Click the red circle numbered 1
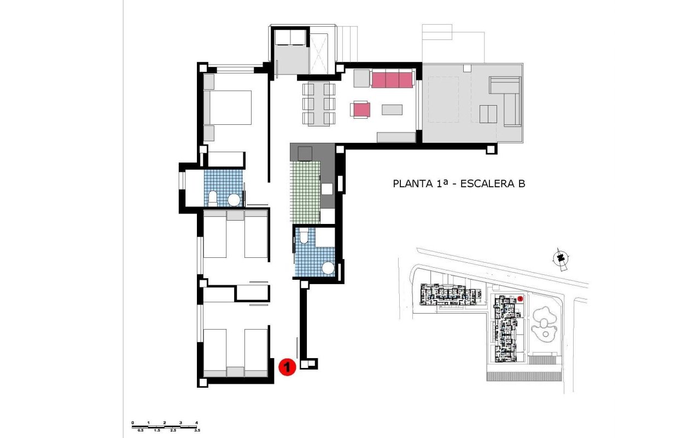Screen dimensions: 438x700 click(x=287, y=367)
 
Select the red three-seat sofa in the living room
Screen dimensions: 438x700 click(x=392, y=79)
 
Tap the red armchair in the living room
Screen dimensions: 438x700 click(x=361, y=109)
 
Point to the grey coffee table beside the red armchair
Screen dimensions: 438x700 click(x=392, y=109)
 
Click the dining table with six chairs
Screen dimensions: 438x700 click(x=318, y=103)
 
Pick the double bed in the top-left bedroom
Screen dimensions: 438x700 click(x=228, y=107)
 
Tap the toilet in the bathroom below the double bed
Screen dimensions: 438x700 click(x=214, y=198)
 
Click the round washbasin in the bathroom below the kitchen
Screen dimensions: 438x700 click(x=328, y=268)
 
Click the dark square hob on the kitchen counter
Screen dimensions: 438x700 click(x=305, y=152)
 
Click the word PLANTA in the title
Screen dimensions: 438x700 click(x=411, y=184)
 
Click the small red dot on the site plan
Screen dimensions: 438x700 click(x=520, y=298)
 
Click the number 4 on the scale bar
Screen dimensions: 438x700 click(x=196, y=423)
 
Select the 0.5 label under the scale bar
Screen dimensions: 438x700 click(x=141, y=431)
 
